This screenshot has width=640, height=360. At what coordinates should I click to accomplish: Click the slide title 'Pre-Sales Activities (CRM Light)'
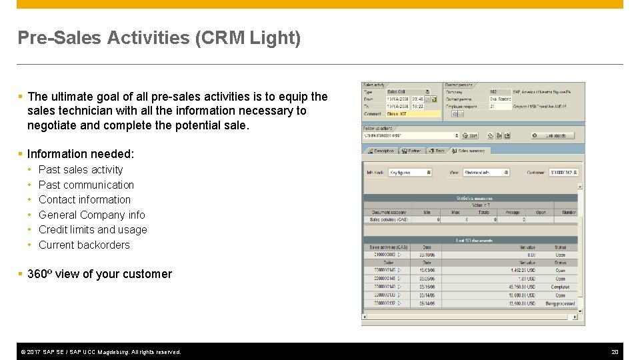159,38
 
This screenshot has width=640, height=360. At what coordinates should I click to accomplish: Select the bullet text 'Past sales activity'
81,170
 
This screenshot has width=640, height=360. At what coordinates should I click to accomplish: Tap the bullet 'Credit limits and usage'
93,230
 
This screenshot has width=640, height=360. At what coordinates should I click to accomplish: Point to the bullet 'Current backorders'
84,245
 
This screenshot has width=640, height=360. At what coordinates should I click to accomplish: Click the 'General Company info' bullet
91,215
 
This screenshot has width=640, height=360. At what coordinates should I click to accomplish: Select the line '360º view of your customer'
99,274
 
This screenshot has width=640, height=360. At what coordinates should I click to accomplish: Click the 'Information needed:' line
81,154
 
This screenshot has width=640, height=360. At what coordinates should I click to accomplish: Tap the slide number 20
615,352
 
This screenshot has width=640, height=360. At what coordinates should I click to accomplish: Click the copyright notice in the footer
101,352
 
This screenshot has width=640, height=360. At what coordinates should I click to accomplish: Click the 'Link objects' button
553,135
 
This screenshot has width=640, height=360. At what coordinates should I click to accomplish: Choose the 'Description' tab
382,151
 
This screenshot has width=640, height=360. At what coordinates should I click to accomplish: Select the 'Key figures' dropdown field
409,172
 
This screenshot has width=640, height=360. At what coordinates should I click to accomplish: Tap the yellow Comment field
413,114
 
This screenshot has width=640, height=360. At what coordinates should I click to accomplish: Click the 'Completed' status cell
560,287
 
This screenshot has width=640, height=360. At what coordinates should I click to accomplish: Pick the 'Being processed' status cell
560,303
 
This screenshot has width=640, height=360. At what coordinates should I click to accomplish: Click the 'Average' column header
512,212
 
